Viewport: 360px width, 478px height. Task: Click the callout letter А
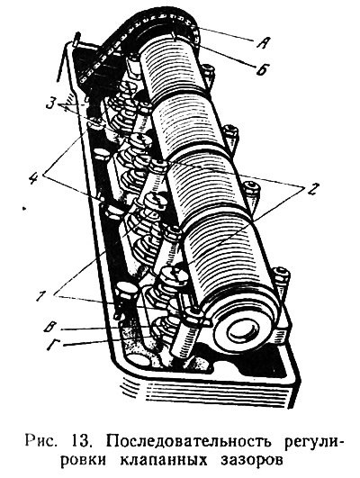click(262, 43)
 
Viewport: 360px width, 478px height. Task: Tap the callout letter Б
click(262, 69)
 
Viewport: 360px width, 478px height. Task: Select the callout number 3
click(50, 104)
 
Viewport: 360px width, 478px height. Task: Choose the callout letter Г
click(53, 346)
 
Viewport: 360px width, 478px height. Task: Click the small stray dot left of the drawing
click(24, 209)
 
